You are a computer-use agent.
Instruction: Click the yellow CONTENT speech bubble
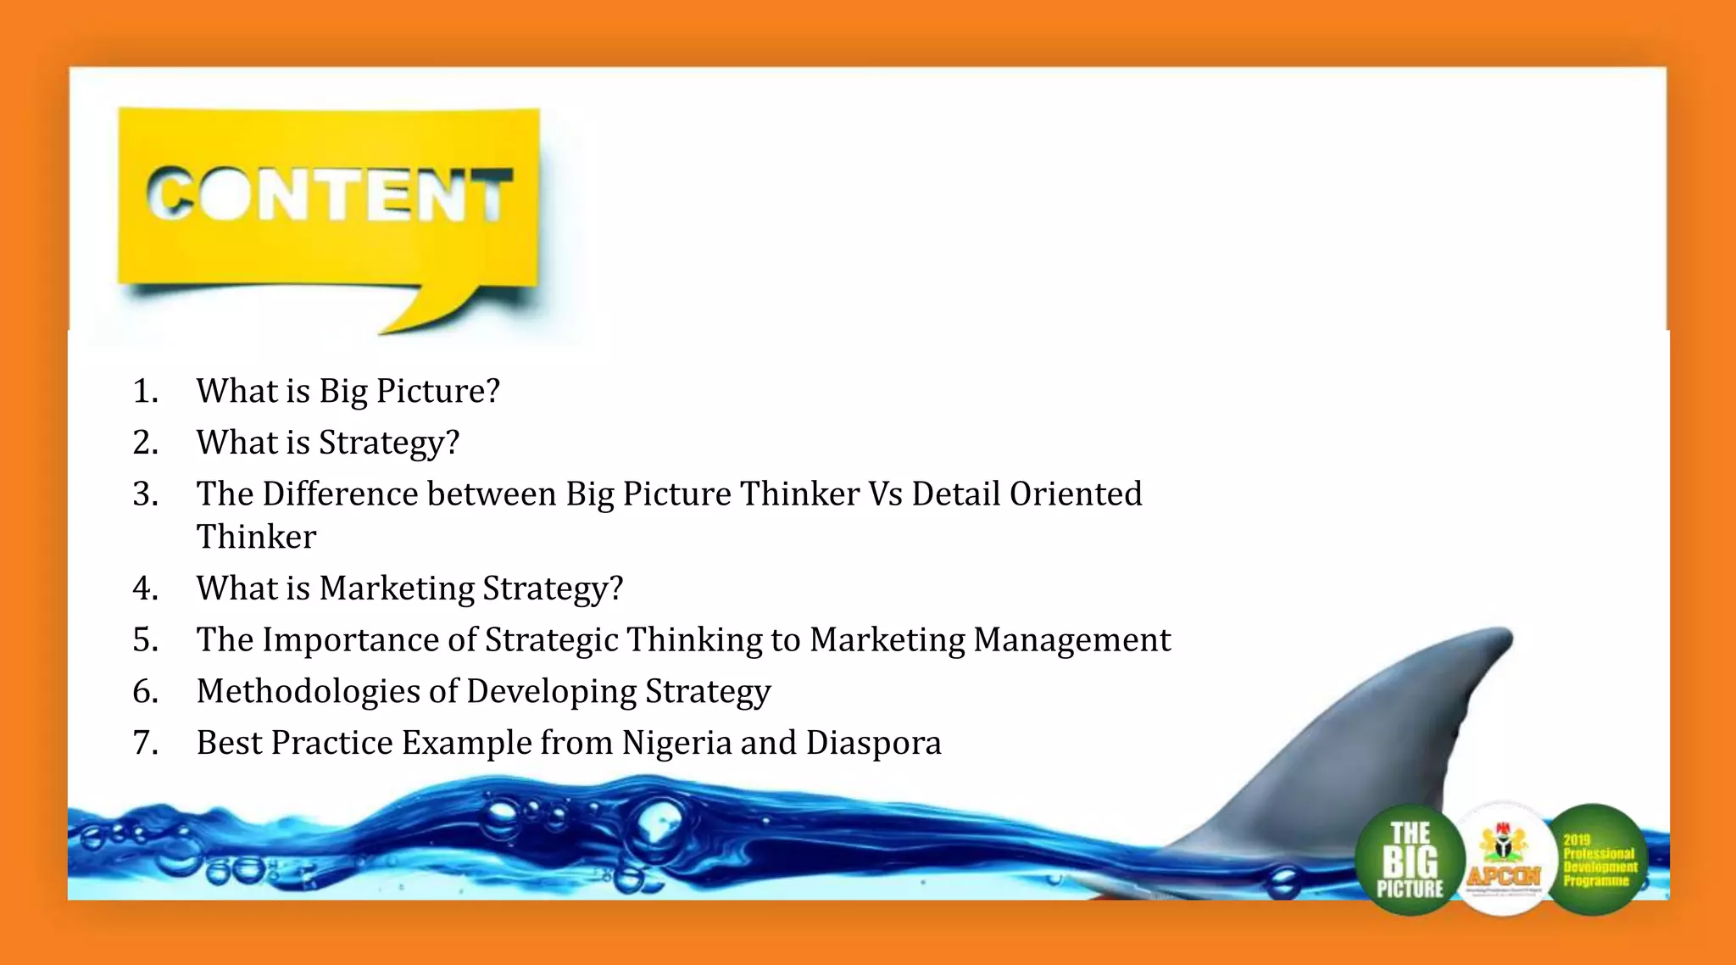point(329,197)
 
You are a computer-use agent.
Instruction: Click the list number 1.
point(145,392)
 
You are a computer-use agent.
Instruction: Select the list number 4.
point(145,588)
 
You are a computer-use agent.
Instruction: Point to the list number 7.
point(145,743)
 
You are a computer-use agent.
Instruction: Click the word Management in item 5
point(1071,639)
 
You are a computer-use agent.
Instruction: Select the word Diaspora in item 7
point(873,743)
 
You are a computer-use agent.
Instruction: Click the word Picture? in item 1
point(437,392)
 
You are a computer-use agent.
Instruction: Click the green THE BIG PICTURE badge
point(1410,860)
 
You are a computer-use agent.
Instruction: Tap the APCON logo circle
point(1504,860)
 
